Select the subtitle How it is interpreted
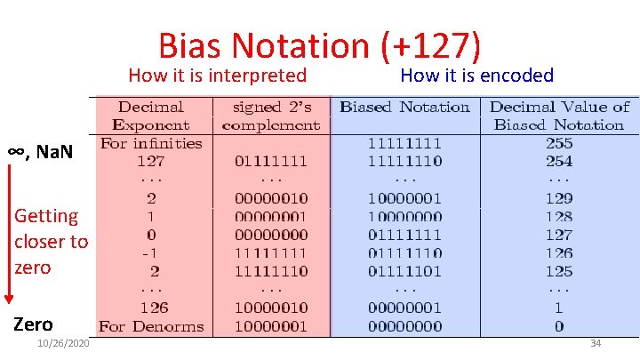click(217, 76)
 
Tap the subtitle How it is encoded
click(476, 76)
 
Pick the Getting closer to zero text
click(51, 241)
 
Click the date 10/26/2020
click(62, 344)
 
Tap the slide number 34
click(596, 343)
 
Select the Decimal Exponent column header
click(151, 116)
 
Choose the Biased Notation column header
click(404, 107)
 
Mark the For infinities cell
click(151, 143)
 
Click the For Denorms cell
click(151, 326)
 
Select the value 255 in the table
click(559, 143)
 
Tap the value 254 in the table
click(559, 161)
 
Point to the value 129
click(559, 198)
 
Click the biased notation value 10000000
click(404, 216)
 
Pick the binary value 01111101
click(404, 271)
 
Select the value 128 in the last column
click(559, 216)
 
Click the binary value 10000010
click(270, 308)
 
